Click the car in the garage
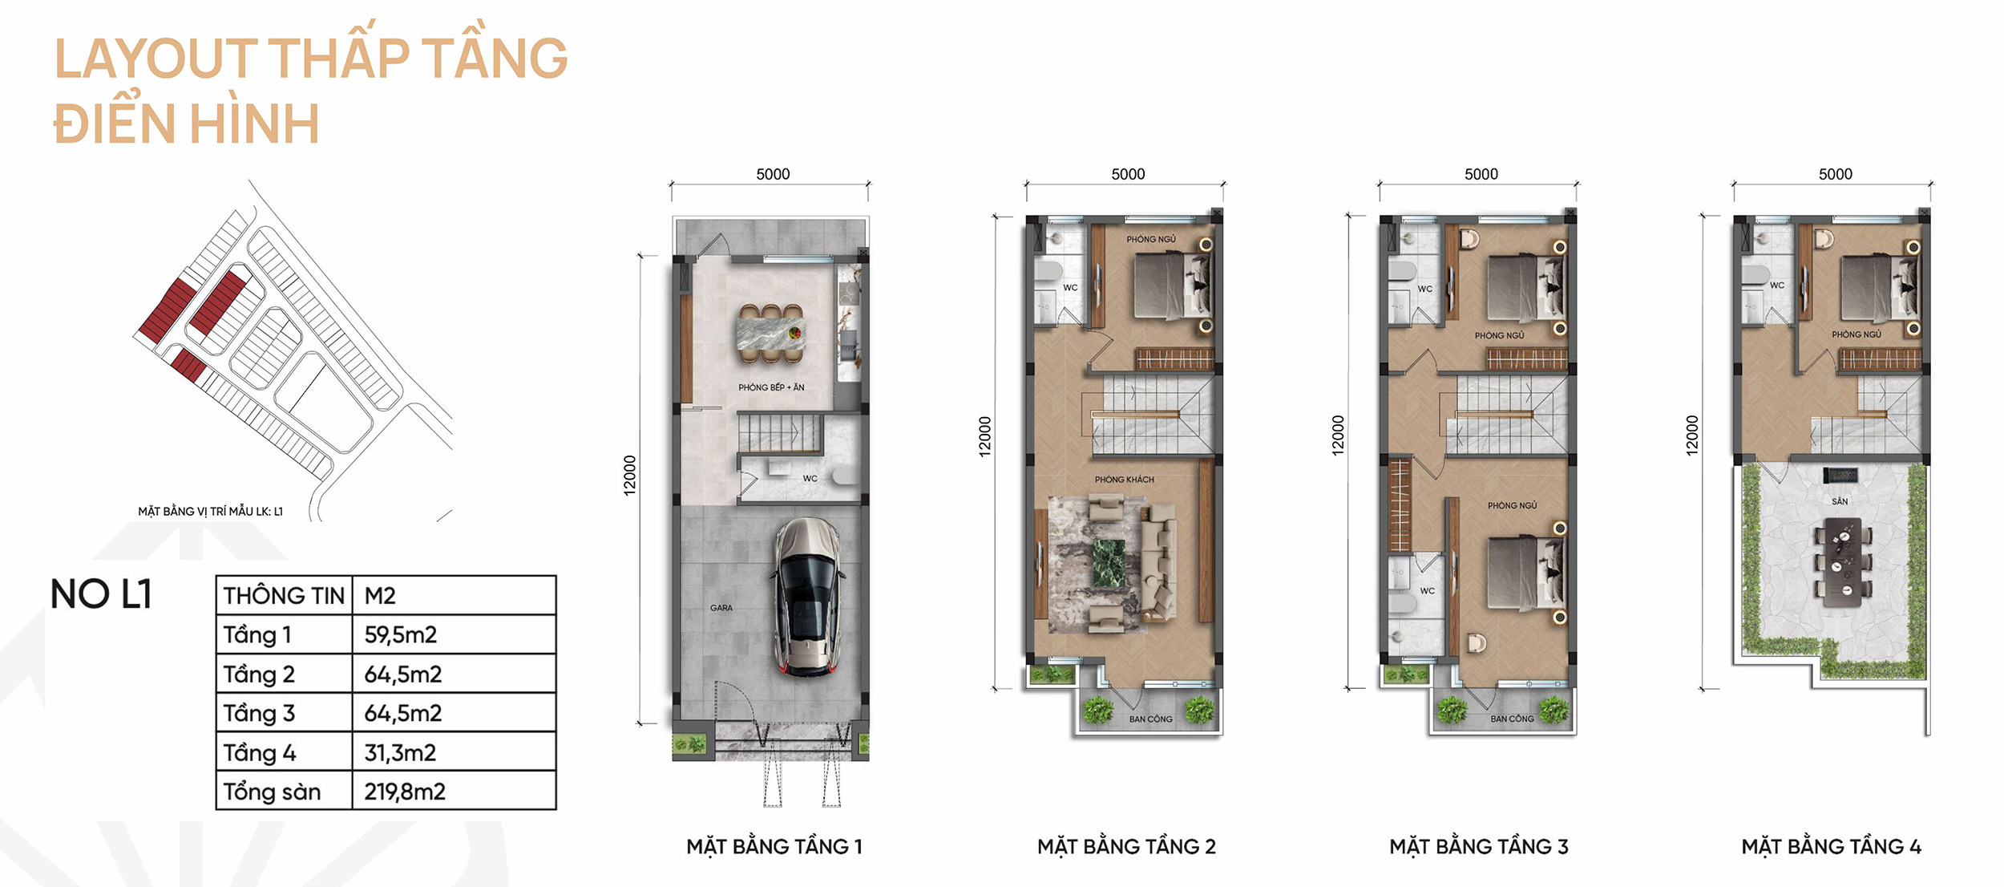coord(806,597)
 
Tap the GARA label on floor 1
coord(721,608)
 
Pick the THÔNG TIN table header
coord(284,596)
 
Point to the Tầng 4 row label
coord(260,752)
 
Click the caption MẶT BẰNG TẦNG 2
coord(1126,846)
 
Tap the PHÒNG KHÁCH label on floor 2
coord(1125,480)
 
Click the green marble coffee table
coord(1109,563)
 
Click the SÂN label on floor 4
coord(1840,501)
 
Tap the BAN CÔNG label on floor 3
coord(1512,719)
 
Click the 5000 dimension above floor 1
coord(773,174)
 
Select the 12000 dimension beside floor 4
coord(1692,435)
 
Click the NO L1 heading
coord(101,594)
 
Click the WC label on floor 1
coord(810,479)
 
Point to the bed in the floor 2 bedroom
coord(1171,286)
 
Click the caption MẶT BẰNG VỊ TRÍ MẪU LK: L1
coord(210,511)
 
